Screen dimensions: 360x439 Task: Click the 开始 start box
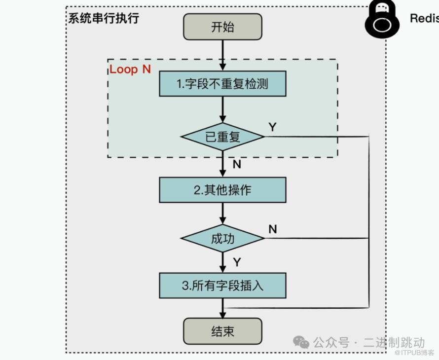click(222, 27)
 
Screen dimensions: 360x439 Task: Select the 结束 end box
click(222, 331)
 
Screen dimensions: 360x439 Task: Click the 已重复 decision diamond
click(222, 137)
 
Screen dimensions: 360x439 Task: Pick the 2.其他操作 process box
click(222, 190)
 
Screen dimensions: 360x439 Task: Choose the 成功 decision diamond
click(222, 239)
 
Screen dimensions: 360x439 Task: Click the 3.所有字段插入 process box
click(222, 286)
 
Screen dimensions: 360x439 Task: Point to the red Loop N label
click(130, 69)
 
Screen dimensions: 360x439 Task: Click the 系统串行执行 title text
click(104, 19)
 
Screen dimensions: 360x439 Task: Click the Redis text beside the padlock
click(424, 19)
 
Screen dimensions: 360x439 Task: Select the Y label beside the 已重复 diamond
click(272, 127)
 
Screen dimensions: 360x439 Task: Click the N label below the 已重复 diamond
click(237, 164)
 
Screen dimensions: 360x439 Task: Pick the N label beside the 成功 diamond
click(272, 229)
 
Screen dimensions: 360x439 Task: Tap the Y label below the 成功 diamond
click(237, 262)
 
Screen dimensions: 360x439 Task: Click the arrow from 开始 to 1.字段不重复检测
click(222, 55)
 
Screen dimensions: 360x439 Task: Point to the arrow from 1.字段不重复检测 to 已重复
click(222, 109)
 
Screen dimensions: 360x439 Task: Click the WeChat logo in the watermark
click(301, 342)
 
